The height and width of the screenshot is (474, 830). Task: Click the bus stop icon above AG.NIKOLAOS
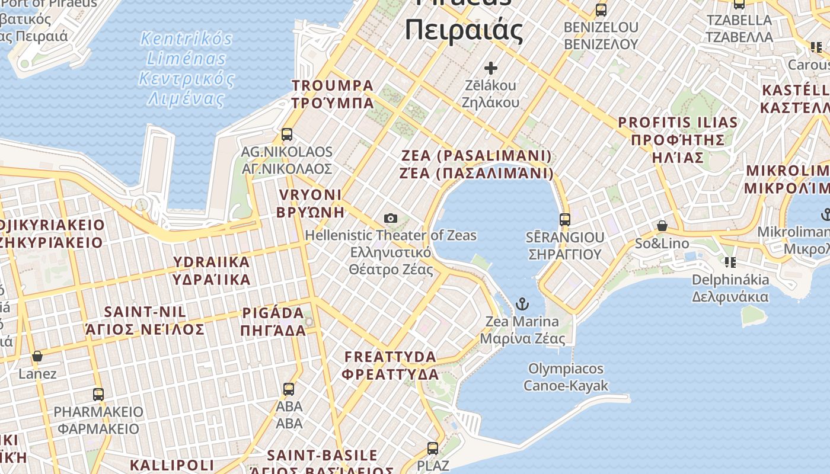click(287, 134)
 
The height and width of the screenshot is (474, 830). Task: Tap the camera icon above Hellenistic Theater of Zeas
click(390, 218)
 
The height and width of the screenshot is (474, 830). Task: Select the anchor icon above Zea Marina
click(522, 305)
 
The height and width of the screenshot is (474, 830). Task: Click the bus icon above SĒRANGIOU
click(564, 220)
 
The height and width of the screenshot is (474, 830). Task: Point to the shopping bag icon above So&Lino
click(662, 226)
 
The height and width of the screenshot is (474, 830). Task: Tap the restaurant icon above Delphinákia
click(730, 262)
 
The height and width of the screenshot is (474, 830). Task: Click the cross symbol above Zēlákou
click(490, 68)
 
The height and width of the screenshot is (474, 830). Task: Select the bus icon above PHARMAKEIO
click(98, 394)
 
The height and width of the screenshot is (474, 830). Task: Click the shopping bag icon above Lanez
click(37, 356)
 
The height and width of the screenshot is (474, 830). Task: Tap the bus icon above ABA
click(289, 389)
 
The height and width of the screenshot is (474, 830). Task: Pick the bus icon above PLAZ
click(433, 448)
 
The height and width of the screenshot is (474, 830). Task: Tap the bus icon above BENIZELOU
click(601, 10)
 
